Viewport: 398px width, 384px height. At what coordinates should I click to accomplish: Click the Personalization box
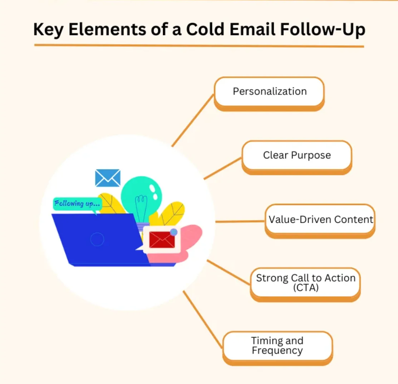(x=269, y=94)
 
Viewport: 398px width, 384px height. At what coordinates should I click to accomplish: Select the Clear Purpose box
(x=297, y=157)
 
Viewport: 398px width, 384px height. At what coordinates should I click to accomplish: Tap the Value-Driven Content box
(x=320, y=221)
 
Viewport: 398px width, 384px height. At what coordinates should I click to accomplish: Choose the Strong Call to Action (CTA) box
(x=305, y=285)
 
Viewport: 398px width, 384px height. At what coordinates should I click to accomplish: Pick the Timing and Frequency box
(x=278, y=348)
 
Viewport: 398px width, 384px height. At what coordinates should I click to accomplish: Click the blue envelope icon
(x=108, y=178)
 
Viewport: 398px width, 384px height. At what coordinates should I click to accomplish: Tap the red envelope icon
(x=162, y=240)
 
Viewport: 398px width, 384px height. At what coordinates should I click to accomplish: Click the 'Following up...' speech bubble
(x=77, y=204)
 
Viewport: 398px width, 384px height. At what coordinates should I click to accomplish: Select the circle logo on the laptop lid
(x=97, y=239)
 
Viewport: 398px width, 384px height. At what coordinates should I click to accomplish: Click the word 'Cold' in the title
(x=205, y=29)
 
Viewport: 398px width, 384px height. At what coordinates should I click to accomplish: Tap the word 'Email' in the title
(x=252, y=29)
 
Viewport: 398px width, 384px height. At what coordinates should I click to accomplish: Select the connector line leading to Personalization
(x=193, y=120)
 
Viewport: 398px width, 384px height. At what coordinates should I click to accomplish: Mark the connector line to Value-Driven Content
(x=240, y=222)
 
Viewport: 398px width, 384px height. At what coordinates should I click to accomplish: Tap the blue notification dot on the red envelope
(x=174, y=232)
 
